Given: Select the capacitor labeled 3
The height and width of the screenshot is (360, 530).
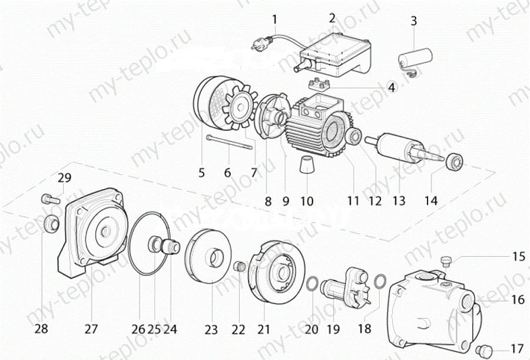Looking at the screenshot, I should [x=415, y=58].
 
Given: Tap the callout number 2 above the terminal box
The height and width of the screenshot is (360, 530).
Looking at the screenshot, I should [x=333, y=18].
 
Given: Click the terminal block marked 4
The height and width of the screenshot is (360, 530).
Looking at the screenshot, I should [x=320, y=82].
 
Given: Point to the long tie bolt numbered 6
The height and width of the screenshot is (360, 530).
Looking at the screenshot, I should [x=230, y=143].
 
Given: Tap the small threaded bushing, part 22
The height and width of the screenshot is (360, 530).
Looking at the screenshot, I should [x=240, y=267].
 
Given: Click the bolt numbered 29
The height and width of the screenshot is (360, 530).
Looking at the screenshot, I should [x=49, y=199].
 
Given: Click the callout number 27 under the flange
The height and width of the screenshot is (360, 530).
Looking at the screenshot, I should [x=91, y=329].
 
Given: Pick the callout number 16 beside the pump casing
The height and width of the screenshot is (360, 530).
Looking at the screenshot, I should [x=517, y=300].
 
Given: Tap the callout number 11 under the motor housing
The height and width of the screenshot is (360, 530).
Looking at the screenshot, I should [x=353, y=201].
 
